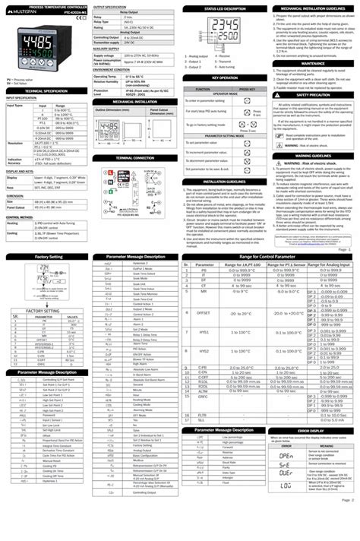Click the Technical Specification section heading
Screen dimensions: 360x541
pyautogui.click(x=44, y=90)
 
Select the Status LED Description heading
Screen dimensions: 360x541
pyautogui.click(x=225, y=8)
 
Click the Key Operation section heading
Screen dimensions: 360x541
pyautogui.click(x=225, y=78)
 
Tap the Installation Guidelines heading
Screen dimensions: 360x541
pyautogui.click(x=225, y=182)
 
